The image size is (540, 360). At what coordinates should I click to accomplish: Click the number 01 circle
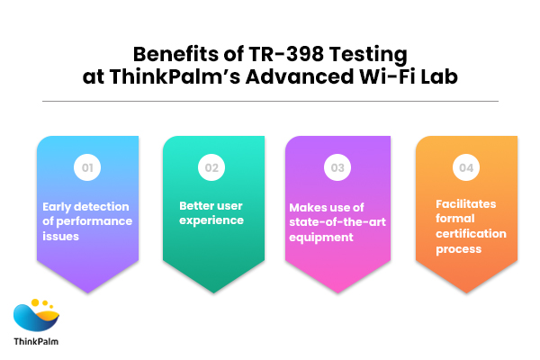click(x=87, y=166)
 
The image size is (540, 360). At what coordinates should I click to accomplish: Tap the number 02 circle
click(x=213, y=166)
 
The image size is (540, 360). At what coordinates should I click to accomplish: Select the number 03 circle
click(x=337, y=166)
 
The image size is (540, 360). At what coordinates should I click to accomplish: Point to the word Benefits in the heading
click(x=170, y=54)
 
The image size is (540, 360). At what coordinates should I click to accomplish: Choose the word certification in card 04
click(x=465, y=233)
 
